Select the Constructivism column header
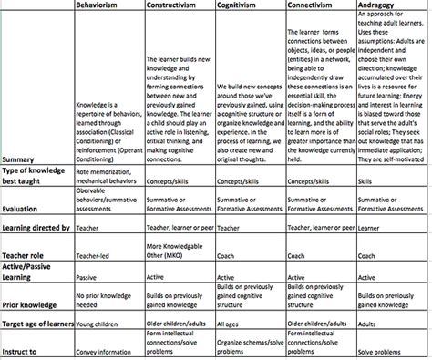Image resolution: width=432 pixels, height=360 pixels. (x=180, y=5)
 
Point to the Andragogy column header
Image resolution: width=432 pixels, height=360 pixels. (x=384, y=5)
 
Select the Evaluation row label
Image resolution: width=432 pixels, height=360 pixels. (x=25, y=207)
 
